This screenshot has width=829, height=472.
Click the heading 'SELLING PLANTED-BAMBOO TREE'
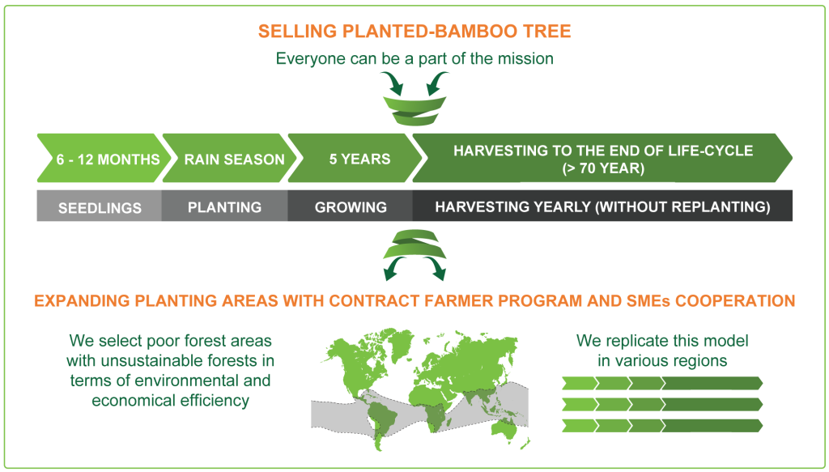coord(414,32)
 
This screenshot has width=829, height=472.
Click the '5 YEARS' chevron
coord(350,159)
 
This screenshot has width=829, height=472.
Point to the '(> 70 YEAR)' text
coord(602,168)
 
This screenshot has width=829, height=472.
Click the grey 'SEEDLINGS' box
coord(100,207)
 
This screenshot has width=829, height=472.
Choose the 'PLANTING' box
coord(224,207)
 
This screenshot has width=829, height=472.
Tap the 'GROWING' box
coord(350,207)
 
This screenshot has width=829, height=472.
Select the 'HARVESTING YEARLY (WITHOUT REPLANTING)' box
coord(602,207)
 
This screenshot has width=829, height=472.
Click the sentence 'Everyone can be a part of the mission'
coord(414,59)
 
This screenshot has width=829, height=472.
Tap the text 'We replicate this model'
coord(662,340)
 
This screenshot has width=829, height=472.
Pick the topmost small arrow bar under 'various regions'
coord(662,383)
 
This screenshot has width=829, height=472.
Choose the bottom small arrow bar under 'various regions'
coord(662,425)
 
